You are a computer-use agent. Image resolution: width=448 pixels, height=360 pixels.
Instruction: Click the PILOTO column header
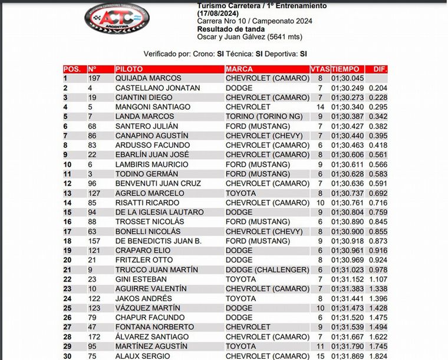point(129,69)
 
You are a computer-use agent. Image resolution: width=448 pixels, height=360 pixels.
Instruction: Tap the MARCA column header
point(239,69)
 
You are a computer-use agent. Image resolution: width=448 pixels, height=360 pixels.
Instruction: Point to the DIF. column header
point(380,69)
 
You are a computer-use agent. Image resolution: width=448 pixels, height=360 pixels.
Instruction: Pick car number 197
point(95,78)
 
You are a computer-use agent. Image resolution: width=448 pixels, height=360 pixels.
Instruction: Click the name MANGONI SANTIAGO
point(153,107)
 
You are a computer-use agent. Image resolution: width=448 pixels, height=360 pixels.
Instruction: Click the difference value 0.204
point(377,88)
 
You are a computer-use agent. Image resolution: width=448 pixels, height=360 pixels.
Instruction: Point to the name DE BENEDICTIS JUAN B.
point(159,242)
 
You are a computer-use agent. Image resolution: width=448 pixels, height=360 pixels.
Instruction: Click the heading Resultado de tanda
point(230,29)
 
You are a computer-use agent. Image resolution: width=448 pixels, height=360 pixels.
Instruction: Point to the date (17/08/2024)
point(220,12)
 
